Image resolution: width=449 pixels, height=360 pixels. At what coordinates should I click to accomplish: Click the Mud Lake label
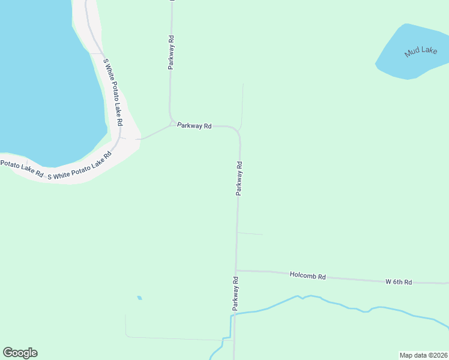[x=420, y=52]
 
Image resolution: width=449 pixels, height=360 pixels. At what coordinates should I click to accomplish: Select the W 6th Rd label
[x=399, y=281]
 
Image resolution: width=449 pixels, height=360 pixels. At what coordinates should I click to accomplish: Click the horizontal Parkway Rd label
[x=194, y=126]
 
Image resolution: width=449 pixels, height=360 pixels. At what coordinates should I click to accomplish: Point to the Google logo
[x=20, y=353]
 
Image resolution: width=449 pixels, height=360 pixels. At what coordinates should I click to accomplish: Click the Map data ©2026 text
[x=423, y=355]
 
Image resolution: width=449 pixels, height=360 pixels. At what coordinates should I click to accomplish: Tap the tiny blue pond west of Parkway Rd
[x=139, y=298]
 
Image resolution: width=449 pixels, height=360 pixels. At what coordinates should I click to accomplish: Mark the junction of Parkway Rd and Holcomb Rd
[x=237, y=270]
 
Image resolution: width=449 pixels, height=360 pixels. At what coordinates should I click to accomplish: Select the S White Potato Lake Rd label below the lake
[x=79, y=167]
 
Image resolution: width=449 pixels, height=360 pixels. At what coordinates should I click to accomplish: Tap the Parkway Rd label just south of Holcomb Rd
[x=236, y=293]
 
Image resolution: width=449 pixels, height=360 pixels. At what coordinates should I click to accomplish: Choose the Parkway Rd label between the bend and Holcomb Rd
[x=239, y=178]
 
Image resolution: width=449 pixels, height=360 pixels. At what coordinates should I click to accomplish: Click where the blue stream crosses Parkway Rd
[x=235, y=313]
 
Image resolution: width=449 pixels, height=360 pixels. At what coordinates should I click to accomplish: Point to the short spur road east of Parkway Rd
[x=250, y=233]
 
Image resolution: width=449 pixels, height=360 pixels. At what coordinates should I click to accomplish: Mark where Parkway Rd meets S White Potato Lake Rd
[x=138, y=139]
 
